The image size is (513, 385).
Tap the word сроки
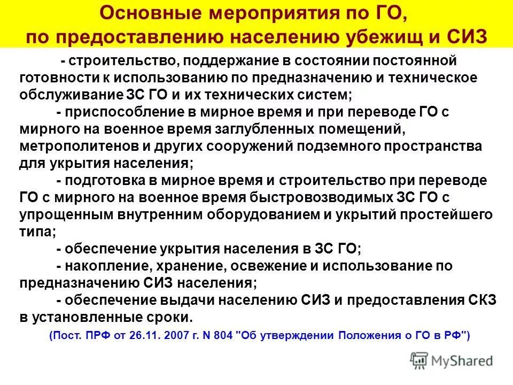pos(168,317)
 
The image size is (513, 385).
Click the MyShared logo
pos(452,360)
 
